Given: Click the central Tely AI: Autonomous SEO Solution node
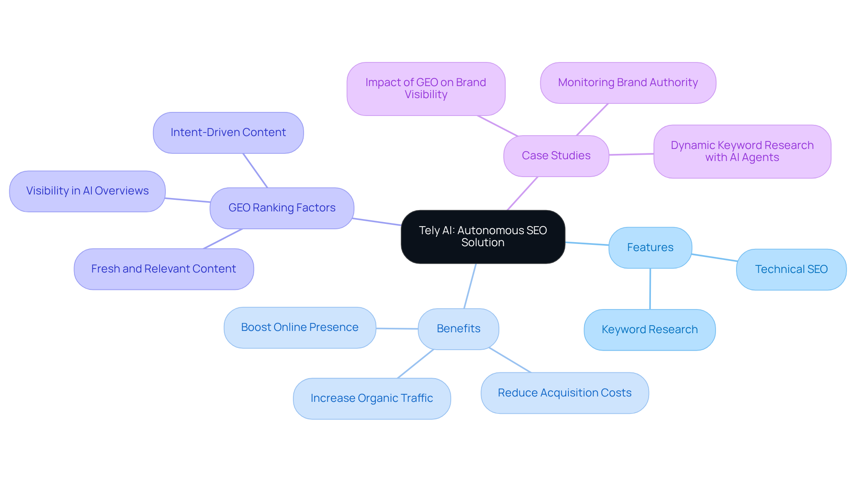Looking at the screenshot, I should (483, 237).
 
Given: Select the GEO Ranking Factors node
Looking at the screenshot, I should (282, 208).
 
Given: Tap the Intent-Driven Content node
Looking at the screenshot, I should (228, 132).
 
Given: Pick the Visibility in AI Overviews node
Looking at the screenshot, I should (87, 191).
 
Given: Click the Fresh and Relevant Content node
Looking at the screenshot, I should (164, 269).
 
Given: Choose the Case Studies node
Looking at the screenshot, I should (556, 156).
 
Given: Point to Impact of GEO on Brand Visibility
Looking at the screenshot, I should (426, 89).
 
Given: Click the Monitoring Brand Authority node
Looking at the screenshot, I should (628, 83).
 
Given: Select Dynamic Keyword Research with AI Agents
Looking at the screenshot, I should (742, 152).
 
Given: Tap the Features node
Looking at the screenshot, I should (650, 248).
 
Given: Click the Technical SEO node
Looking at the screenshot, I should (791, 269).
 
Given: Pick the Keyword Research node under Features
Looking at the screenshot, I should (650, 330).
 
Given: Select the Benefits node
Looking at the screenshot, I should (458, 329).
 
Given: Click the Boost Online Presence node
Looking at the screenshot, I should (300, 327).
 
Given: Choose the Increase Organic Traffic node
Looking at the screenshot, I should (371, 398).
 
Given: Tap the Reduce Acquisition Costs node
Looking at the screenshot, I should (564, 393).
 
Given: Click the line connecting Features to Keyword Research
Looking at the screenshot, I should (650, 289).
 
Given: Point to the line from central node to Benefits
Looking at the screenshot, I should (470, 286).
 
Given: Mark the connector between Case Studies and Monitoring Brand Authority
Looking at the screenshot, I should (592, 120).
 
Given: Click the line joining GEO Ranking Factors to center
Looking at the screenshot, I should (377, 222).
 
